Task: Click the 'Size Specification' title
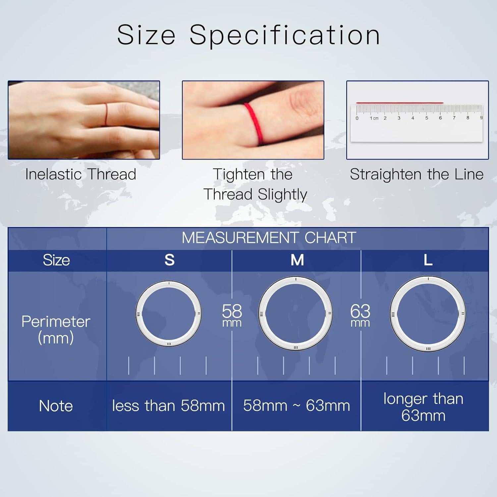[248, 35]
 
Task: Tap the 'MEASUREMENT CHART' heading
[269, 238]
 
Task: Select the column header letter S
[169, 260]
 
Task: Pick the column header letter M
[297, 260]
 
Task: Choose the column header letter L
[428, 260]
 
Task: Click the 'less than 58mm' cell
[168, 406]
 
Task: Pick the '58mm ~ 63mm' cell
[297, 406]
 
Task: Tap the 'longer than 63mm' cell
[423, 407]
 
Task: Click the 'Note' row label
[56, 406]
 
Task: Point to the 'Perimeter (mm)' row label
[56, 329]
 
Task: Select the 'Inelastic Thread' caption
[81, 174]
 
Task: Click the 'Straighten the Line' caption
[416, 174]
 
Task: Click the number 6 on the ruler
[440, 118]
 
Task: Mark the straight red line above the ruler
[399, 103]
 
